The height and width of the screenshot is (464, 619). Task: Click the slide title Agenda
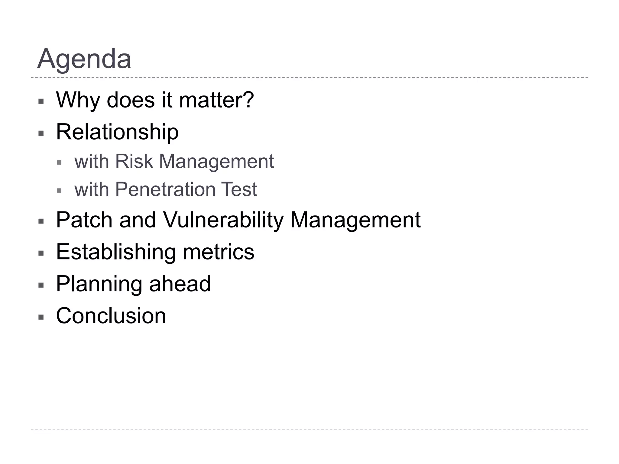point(84,59)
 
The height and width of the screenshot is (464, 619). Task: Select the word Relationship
point(117,132)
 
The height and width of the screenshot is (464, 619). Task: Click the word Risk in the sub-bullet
point(134,161)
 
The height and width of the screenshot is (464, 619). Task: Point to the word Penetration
point(165,189)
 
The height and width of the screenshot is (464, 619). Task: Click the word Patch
point(84,220)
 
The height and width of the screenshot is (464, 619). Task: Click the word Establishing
point(116,252)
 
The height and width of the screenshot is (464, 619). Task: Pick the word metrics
point(219,252)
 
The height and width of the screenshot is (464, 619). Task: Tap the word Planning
point(99,284)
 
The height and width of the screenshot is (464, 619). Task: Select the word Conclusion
point(111,316)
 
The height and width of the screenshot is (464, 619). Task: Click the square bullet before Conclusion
point(41,317)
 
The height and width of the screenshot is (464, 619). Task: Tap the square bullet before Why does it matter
point(41,101)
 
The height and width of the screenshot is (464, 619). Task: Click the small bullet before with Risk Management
point(59,163)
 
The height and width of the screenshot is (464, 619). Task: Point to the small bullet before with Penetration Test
point(59,191)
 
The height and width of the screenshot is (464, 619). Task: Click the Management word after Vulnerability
point(355,220)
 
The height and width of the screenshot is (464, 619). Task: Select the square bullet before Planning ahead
point(41,285)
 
